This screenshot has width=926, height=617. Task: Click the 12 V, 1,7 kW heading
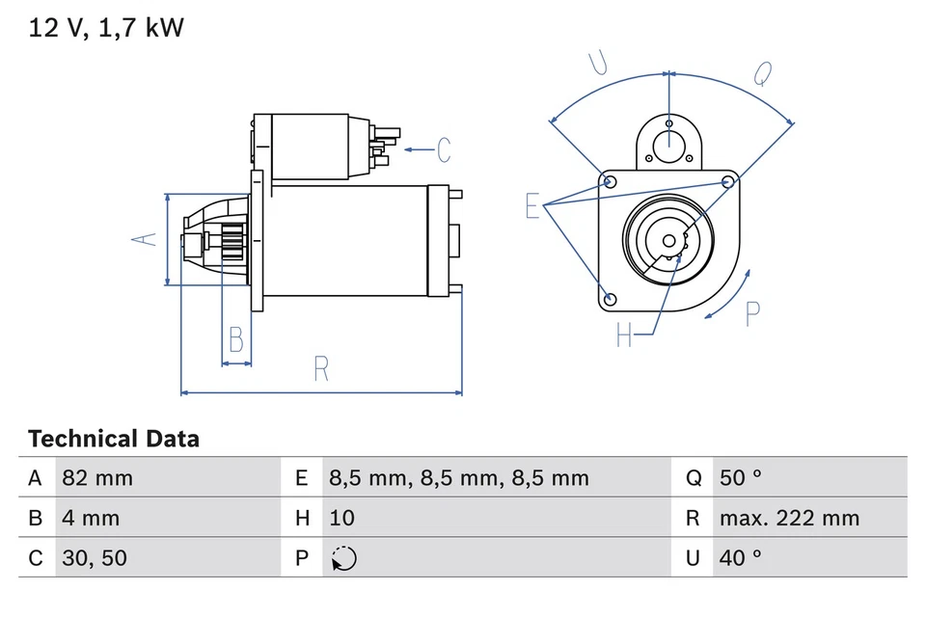tap(106, 29)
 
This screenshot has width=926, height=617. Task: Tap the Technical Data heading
tap(114, 440)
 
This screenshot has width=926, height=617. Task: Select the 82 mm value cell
tap(97, 478)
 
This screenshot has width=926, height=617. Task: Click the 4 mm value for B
tap(91, 518)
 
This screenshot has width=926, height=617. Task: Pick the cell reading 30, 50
tap(94, 558)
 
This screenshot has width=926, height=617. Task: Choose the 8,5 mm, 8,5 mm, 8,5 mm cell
tap(458, 478)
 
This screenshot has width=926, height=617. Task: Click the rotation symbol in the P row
tap(342, 558)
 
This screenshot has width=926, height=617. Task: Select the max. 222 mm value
tap(788, 518)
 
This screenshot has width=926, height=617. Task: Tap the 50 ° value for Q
tap(740, 478)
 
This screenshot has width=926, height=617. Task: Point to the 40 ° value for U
tap(740, 558)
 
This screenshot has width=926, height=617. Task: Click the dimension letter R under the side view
tap(322, 368)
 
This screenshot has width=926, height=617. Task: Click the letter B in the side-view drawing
tap(235, 340)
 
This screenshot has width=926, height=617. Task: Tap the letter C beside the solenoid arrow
tap(444, 149)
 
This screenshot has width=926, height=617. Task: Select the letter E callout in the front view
tap(532, 205)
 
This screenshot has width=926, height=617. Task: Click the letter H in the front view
tap(624, 335)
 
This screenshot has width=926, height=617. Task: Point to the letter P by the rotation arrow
tap(753, 313)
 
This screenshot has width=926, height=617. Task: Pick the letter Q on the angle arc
tap(762, 73)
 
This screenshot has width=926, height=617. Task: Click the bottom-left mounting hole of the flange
tap(608, 299)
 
